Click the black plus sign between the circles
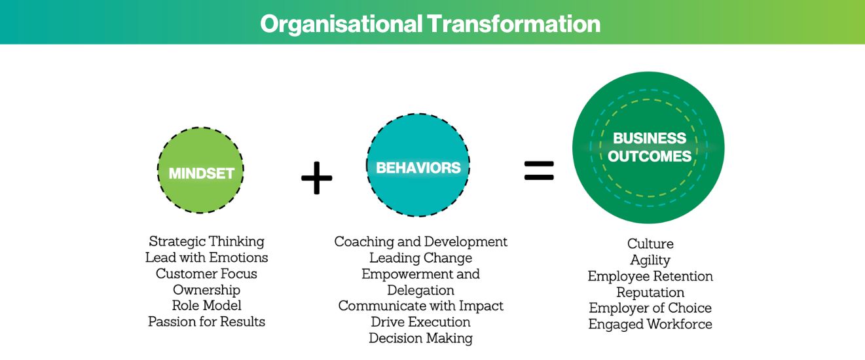(317, 177)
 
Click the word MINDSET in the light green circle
(202, 173)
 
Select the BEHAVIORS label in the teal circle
(418, 168)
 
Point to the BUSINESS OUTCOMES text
(649, 147)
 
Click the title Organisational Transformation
(430, 24)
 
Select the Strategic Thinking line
(207, 242)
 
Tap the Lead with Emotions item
(207, 257)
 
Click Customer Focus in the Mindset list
(207, 274)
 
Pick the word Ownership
(207, 289)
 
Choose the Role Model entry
(207, 306)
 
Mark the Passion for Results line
(207, 321)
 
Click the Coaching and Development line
(421, 242)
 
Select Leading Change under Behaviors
(421, 258)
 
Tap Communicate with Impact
(421, 306)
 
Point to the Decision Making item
(421, 338)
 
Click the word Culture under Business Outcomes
(650, 244)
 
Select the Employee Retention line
(650, 276)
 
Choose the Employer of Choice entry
(650, 308)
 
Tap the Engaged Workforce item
(650, 324)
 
